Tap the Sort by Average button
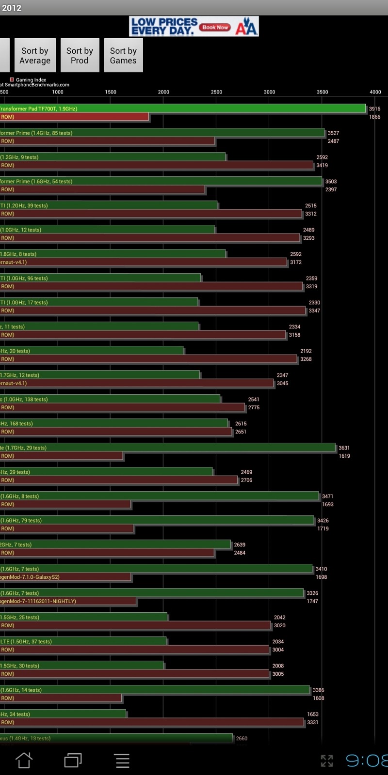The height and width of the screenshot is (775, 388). (35, 55)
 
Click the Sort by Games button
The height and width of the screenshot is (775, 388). (123, 55)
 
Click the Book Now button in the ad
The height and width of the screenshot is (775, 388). (215, 27)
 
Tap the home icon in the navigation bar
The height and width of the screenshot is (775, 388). (24, 760)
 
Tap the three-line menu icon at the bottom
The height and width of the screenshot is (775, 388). (122, 760)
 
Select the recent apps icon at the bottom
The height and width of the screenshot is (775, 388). (73, 760)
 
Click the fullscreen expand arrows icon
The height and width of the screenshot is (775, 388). (327, 760)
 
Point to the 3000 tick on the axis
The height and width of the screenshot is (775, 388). (269, 92)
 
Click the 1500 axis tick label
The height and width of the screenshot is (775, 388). (111, 92)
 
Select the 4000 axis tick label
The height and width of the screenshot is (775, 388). (375, 92)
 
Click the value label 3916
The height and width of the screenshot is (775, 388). (374, 109)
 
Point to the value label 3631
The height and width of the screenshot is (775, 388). (344, 448)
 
